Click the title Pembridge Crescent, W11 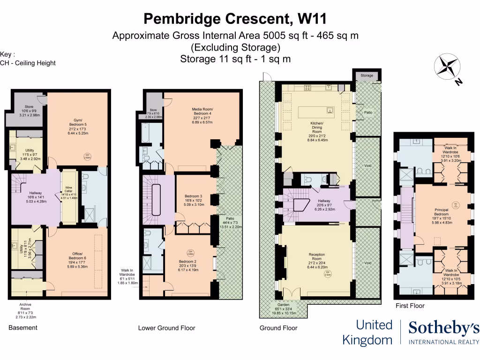[x=235, y=19]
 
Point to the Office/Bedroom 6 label [x=75, y=255]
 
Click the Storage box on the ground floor [x=367, y=75]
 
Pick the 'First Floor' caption [x=410, y=306]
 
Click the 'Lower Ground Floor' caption [x=166, y=328]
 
